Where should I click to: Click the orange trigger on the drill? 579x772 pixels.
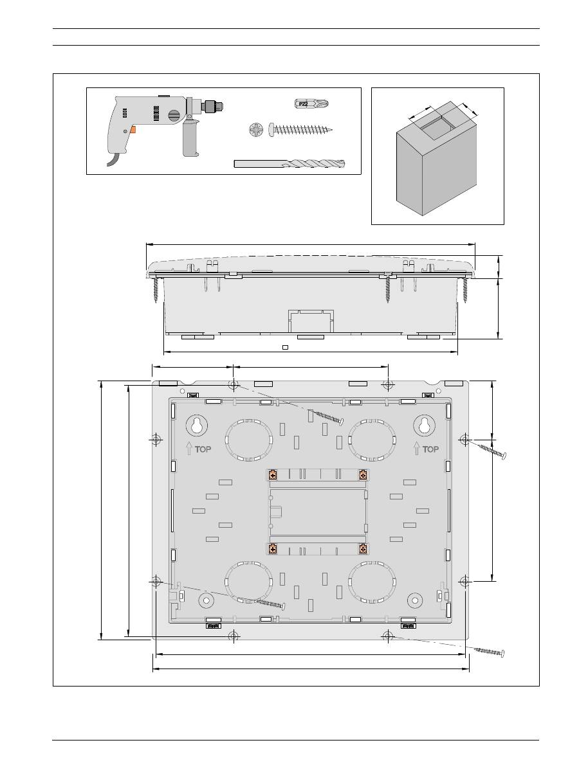133,129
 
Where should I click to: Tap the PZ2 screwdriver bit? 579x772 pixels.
311,103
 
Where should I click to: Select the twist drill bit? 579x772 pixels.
289,163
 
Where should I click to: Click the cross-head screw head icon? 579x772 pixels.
256,130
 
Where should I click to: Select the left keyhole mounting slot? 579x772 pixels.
196,426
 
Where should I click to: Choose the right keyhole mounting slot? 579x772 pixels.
424,426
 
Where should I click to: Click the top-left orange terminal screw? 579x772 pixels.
273,476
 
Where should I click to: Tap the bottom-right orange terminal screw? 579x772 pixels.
363,549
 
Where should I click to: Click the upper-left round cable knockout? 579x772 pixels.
248,440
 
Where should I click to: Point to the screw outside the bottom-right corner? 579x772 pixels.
489,651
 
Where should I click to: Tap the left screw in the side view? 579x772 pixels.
156,289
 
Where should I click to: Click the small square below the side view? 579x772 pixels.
286,348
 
